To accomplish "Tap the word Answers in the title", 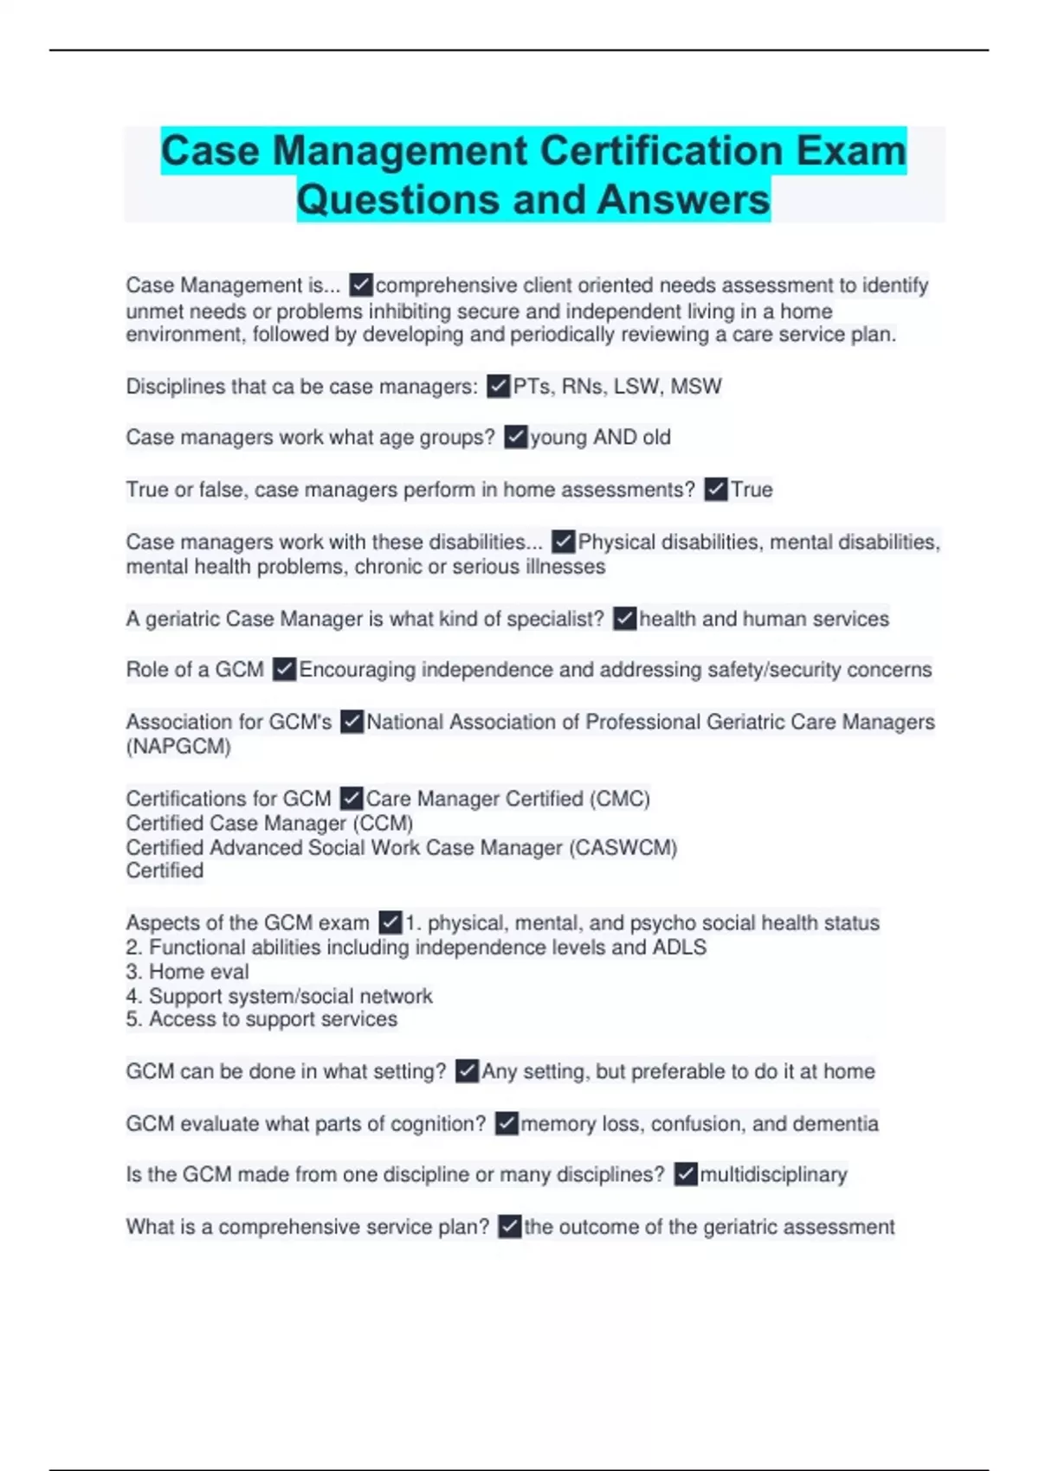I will tap(682, 199).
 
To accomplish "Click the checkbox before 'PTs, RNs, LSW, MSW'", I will tap(498, 386).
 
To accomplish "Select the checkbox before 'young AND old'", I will tap(515, 437).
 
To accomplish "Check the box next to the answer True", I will tap(715, 490).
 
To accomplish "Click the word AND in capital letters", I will tap(615, 438).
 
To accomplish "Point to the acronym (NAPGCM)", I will tap(178, 747).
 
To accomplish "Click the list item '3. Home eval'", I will tap(187, 972).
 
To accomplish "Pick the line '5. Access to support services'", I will tap(261, 1019).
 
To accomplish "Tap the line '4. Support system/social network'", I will tap(279, 996).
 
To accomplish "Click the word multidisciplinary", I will tap(773, 1174).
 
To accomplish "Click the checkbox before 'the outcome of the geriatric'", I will tap(510, 1226).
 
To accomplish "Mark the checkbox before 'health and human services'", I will tap(624, 619).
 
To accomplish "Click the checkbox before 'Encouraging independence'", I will tap(284, 670).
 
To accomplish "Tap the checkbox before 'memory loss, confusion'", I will tap(507, 1123).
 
